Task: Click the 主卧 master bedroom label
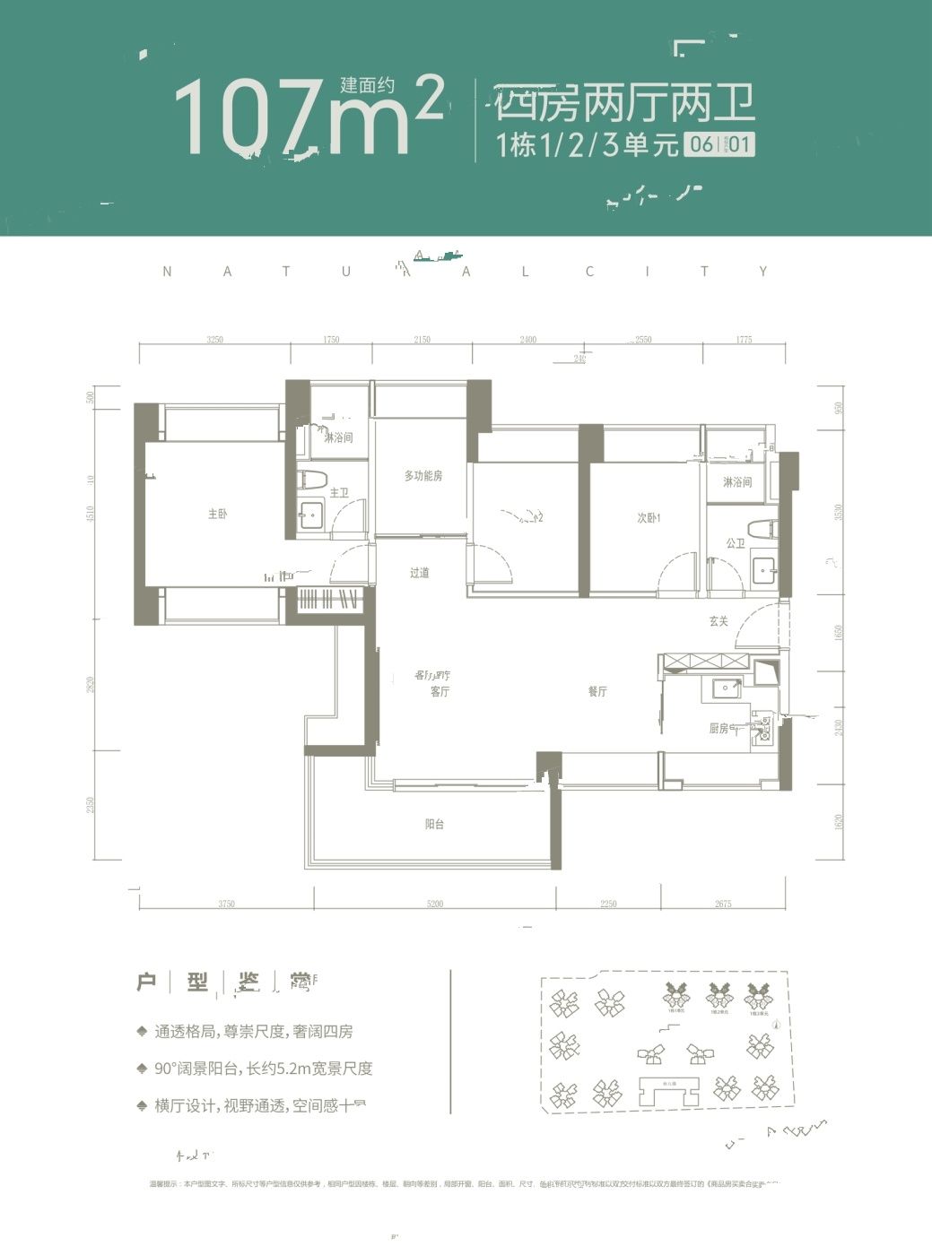[218, 515]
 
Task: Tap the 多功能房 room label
[422, 476]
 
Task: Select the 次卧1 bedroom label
[649, 518]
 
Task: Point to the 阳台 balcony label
[434, 824]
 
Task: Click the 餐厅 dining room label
[597, 691]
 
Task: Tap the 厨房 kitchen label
[719, 729]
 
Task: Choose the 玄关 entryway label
[719, 621]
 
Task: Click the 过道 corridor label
[420, 573]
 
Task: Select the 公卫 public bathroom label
[736, 543]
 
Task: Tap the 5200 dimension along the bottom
[434, 904]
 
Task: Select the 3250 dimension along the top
[214, 341]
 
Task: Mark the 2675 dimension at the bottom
[723, 904]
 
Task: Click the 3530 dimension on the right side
[839, 513]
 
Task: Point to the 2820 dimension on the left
[91, 686]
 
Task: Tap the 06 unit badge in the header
[700, 144]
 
